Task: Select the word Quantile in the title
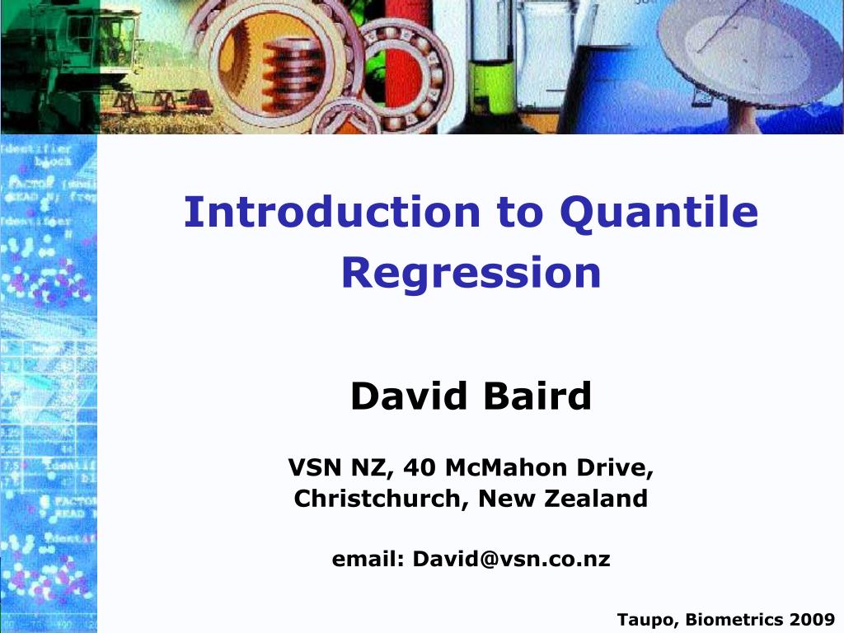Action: point(659,213)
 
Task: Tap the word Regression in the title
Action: point(471,273)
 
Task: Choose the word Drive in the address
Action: point(616,468)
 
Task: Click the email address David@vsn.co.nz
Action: point(511,560)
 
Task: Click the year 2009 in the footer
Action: point(813,619)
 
